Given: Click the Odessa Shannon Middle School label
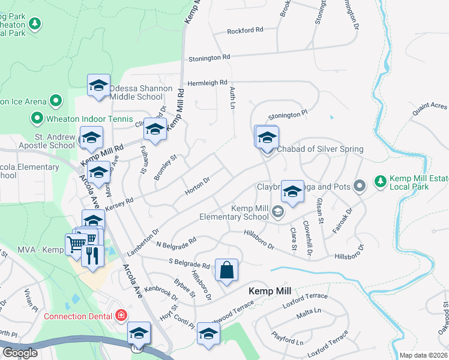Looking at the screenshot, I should [140, 92].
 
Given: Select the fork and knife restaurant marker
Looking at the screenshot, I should [92, 255].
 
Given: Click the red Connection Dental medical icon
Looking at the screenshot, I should [122, 315].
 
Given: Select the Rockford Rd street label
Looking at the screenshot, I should [245, 30].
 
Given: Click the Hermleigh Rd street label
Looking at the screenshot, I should [208, 83].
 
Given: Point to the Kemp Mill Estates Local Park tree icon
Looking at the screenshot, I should [380, 180].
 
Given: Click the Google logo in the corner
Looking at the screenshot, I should [19, 353].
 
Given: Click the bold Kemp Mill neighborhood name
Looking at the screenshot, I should [270, 291].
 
